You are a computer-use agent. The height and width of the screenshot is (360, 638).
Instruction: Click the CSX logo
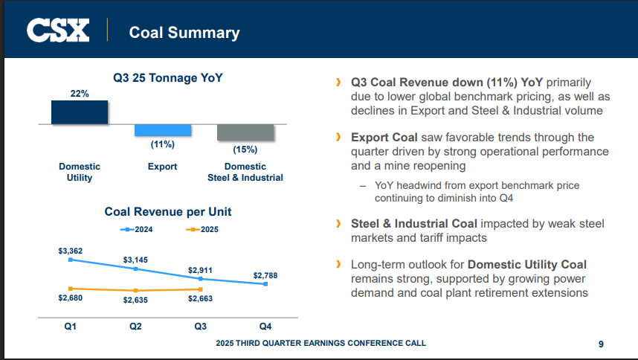pyautogui.click(x=58, y=31)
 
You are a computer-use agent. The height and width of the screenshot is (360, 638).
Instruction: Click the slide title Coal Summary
pyautogui.click(x=184, y=32)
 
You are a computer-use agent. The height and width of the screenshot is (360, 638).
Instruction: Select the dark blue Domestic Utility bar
pyautogui.click(x=80, y=112)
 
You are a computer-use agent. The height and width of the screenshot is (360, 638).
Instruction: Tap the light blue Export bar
pyautogui.click(x=163, y=130)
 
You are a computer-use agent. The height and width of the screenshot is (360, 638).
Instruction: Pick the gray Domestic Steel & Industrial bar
pyautogui.click(x=245, y=132)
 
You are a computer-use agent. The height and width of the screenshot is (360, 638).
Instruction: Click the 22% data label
pyautogui.click(x=80, y=94)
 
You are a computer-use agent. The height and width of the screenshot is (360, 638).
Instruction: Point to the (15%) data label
pyautogui.click(x=245, y=149)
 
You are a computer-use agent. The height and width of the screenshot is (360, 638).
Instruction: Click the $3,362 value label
pyautogui.click(x=71, y=251)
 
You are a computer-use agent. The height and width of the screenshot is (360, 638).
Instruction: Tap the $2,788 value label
pyautogui.click(x=265, y=275)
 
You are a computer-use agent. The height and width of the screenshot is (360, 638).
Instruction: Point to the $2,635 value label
pyautogui.click(x=135, y=300)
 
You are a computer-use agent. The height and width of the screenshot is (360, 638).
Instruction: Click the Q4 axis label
pyautogui.click(x=265, y=327)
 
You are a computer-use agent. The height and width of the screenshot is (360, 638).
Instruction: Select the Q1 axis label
pyautogui.click(x=71, y=327)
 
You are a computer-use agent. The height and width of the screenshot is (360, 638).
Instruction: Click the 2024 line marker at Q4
pyautogui.click(x=265, y=284)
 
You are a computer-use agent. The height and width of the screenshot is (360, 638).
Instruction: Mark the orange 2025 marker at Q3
pyautogui.click(x=201, y=289)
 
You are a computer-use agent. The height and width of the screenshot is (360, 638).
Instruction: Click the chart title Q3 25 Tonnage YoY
pyautogui.click(x=167, y=77)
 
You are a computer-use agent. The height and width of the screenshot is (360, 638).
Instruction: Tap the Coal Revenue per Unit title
pyautogui.click(x=167, y=212)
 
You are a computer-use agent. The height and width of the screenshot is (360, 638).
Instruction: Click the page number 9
pyautogui.click(x=601, y=344)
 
